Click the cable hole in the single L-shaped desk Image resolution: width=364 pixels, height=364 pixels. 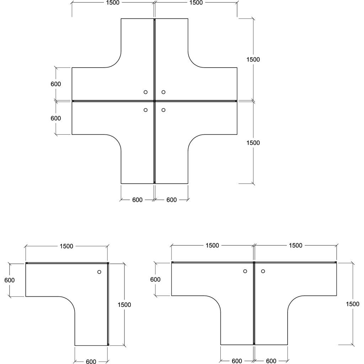tap(99, 272)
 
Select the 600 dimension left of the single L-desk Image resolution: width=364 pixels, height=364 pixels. tap(10, 280)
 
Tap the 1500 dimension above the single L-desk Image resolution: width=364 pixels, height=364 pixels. tap(66, 246)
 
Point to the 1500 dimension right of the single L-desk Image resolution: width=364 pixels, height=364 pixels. tap(124, 304)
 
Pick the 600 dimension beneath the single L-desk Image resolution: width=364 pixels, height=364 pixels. tap(91, 362)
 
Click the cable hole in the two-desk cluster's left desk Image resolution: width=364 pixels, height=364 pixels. tap(245, 272)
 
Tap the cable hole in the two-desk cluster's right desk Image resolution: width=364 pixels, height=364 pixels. tap(263, 272)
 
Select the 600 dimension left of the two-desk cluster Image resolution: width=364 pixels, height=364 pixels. tap(155, 279)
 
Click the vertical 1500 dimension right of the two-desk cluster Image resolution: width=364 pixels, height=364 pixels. tap(353, 304)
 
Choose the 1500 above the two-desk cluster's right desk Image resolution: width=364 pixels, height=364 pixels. tap(295, 245)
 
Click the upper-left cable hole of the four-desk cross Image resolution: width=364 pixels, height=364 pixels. tap(145, 92)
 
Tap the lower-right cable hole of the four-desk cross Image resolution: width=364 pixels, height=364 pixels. tap(163, 110)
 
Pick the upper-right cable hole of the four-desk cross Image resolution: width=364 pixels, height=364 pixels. tap(163, 92)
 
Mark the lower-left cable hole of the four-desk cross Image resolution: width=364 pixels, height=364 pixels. tap(145, 110)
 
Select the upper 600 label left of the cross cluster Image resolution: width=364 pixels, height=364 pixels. tap(56, 84)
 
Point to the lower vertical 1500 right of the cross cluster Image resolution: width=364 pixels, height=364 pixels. tap(253, 143)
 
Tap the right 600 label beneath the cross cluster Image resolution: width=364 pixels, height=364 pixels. tap(171, 200)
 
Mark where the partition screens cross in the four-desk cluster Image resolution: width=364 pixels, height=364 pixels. tap(154, 101)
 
